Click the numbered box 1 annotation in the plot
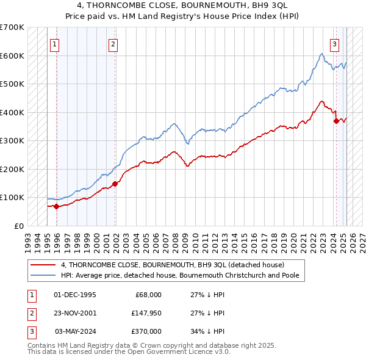click(55, 43)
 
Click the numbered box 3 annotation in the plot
click(335, 43)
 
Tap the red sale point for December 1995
click(56, 206)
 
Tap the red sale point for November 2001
click(115, 184)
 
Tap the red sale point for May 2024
click(336, 121)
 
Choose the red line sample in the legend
click(43, 265)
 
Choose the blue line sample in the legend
click(43, 275)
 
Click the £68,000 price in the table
click(147, 295)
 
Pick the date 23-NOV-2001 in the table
click(75, 313)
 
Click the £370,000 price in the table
click(146, 331)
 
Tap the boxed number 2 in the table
click(30, 313)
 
